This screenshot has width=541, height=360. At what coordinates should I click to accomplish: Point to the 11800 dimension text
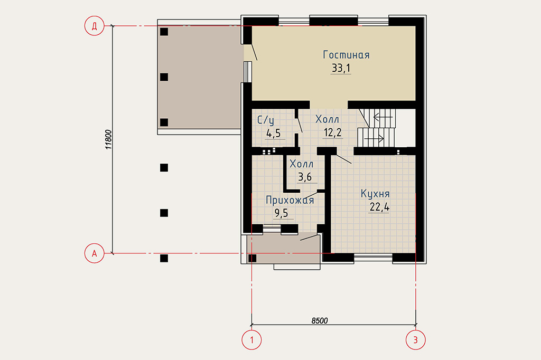click(x=108, y=139)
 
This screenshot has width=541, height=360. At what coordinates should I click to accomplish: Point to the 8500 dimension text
click(x=320, y=321)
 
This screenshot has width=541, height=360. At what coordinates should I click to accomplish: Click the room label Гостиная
click(x=346, y=55)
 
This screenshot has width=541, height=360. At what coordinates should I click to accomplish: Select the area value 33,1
click(x=341, y=68)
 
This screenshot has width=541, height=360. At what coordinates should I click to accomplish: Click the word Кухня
click(x=375, y=194)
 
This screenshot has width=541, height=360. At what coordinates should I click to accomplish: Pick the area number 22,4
click(x=379, y=207)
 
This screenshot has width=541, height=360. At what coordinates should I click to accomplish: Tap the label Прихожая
click(x=290, y=201)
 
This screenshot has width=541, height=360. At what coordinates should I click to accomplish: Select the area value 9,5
click(x=281, y=213)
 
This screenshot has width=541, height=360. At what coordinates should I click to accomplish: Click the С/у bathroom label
click(x=266, y=120)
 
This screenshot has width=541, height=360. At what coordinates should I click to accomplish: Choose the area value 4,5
click(x=273, y=133)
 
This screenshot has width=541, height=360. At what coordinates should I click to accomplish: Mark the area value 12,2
click(x=333, y=132)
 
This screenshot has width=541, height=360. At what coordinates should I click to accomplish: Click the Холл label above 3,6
click(x=301, y=164)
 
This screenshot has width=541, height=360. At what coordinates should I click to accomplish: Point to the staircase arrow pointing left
click(x=383, y=117)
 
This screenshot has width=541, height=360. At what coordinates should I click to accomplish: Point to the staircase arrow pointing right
click(x=374, y=139)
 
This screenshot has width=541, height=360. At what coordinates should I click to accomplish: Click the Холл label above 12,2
click(x=327, y=119)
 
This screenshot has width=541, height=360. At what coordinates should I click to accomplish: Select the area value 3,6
click(x=305, y=177)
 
